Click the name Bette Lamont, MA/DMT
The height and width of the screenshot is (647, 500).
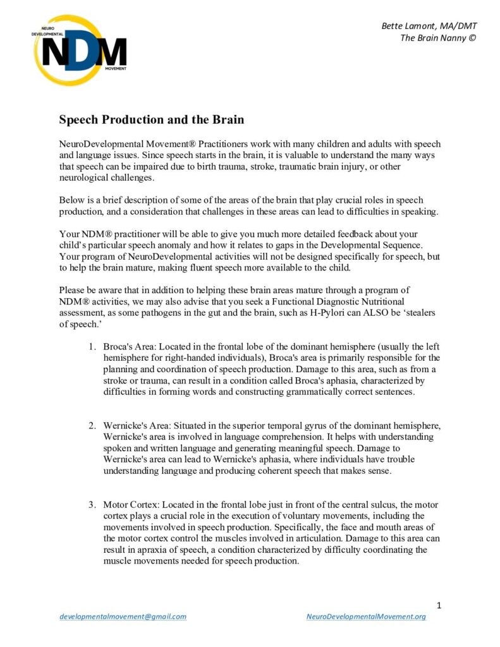click(429, 26)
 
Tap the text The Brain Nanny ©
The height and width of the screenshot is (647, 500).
click(438, 38)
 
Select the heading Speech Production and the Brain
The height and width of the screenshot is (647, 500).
click(151, 119)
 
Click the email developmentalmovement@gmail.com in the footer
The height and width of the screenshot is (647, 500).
click(123, 616)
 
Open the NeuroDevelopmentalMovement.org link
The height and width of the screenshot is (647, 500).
click(365, 616)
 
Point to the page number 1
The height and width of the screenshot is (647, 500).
click(439, 605)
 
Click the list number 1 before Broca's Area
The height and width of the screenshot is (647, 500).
click(92, 347)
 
